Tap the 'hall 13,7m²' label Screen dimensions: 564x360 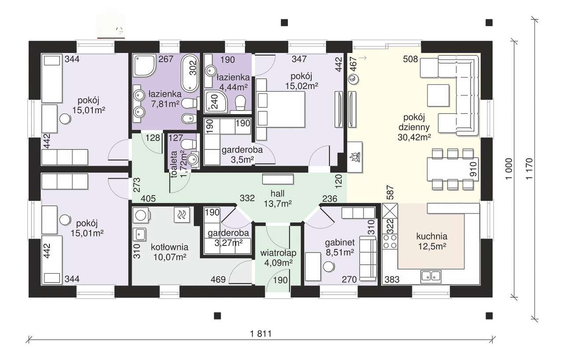click(x=278, y=198)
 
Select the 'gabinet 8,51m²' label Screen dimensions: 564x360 click(x=340, y=247)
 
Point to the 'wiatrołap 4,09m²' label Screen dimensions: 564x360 click(x=278, y=258)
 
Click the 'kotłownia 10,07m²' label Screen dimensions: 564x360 click(x=170, y=252)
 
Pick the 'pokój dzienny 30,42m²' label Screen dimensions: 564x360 click(x=414, y=127)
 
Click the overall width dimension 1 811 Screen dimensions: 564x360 click(x=261, y=334)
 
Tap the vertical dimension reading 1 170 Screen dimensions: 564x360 click(x=529, y=168)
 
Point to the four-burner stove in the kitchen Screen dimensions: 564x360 click(x=390, y=242)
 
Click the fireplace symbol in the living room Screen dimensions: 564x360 click(x=355, y=157)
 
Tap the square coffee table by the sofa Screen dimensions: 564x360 click(x=438, y=95)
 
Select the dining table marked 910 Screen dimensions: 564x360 click(x=453, y=169)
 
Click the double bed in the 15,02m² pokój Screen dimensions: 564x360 click(x=281, y=109)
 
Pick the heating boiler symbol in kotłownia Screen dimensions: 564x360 click(x=182, y=215)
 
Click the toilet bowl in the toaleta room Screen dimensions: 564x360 click(x=189, y=144)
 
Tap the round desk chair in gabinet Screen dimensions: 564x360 click(x=329, y=267)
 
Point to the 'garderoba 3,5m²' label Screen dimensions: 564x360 click(x=242, y=155)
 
